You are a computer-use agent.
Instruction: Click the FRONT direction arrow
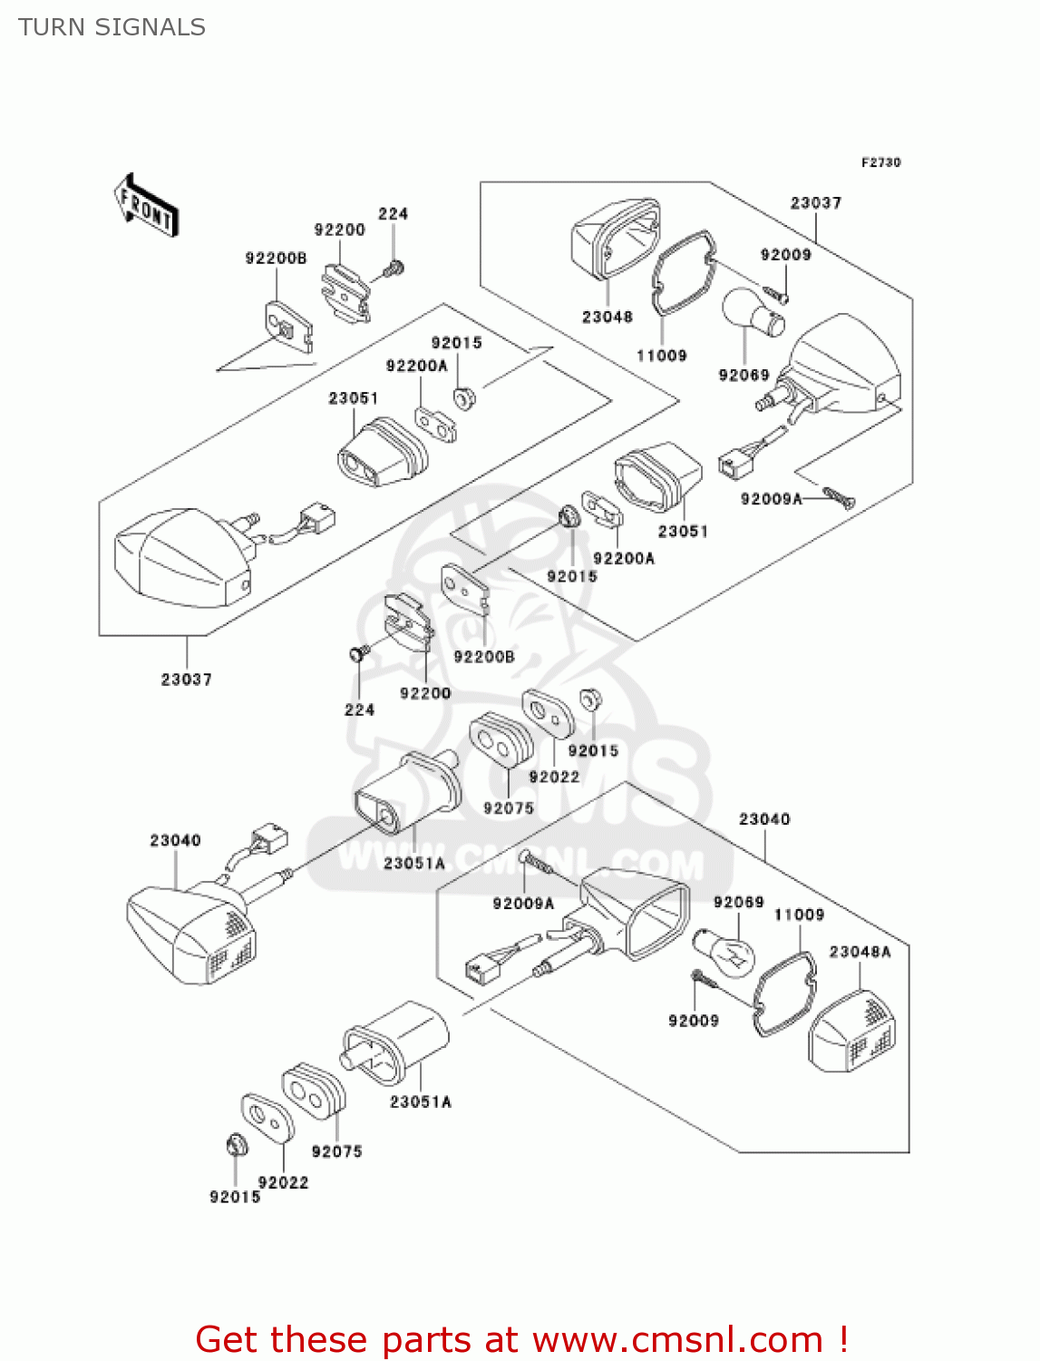[146, 206]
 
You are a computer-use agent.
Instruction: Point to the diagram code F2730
[880, 162]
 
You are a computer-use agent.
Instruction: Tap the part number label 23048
[607, 317]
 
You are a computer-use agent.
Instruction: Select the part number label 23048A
[860, 951]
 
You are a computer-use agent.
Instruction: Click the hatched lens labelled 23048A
[852, 1033]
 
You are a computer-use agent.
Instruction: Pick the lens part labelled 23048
[613, 239]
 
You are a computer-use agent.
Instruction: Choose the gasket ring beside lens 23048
[683, 271]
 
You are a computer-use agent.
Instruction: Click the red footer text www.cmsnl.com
[677, 1340]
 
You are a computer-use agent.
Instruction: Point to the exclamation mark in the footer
[843, 1340]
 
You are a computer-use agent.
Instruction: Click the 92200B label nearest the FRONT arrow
[276, 259]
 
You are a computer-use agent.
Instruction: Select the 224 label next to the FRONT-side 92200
[393, 214]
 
